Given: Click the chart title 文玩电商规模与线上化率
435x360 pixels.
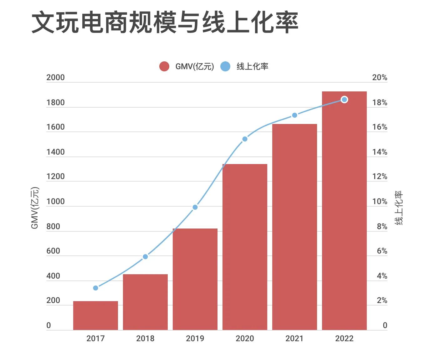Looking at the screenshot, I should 165,23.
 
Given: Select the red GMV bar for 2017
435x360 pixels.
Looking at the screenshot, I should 95,315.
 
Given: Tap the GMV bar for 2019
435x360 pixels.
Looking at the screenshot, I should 195,279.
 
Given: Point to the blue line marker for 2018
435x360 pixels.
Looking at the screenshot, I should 145,257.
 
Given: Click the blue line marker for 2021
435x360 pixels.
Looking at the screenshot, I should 294,115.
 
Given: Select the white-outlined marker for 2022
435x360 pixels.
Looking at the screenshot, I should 344,100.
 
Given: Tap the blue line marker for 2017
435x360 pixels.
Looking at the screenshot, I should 96,288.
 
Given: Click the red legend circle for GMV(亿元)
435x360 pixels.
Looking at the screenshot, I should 164,66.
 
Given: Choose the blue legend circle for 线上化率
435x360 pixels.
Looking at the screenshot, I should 225,66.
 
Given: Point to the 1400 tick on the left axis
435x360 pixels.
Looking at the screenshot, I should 55,152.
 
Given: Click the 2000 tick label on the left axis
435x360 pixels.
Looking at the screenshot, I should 55,78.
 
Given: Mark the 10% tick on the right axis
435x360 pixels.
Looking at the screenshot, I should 380,202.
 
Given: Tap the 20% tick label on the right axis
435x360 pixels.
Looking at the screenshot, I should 380,78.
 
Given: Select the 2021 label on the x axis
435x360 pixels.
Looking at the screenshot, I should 294,338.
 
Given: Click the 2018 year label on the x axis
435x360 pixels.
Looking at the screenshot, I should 145,338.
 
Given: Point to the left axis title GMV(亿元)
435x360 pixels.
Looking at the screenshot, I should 35,208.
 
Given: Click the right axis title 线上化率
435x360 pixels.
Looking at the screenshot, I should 399,208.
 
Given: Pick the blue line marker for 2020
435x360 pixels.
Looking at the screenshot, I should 245,139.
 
